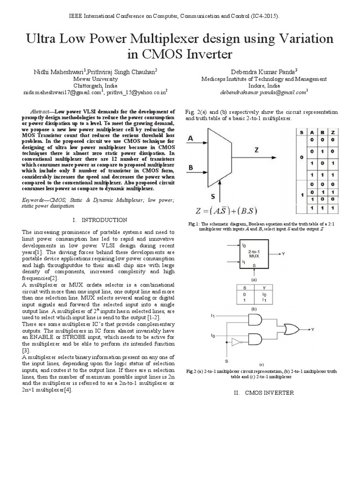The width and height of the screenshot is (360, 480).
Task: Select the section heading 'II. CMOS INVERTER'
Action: click(263, 393)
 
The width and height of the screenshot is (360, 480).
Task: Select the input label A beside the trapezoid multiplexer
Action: click(190, 138)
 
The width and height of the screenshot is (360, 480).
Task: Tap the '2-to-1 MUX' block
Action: click(254, 254)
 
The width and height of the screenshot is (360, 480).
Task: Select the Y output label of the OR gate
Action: click(312, 329)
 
